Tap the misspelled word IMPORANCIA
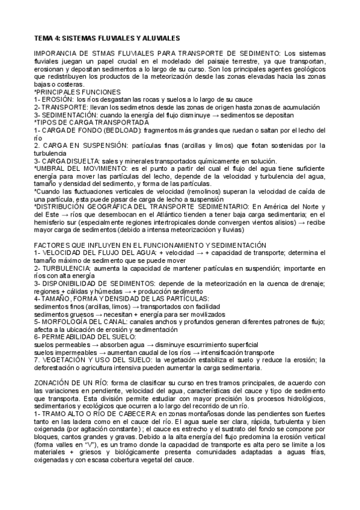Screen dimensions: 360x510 coord(56,54)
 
